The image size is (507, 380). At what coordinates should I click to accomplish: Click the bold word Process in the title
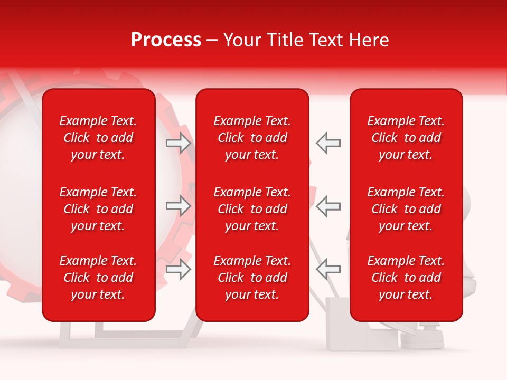pos(166,40)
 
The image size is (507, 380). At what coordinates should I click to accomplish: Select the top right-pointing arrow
pos(179,143)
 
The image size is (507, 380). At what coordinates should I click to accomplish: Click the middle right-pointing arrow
pos(179,206)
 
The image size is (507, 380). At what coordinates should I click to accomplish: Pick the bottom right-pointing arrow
pos(179,269)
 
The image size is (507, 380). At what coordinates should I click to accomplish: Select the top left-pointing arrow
pos(328,143)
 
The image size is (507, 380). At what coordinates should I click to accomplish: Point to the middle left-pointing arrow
pos(328,206)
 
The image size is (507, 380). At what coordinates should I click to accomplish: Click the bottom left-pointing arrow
pos(328,269)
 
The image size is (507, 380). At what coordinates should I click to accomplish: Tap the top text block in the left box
pos(98,138)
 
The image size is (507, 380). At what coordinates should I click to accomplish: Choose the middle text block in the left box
pos(98,209)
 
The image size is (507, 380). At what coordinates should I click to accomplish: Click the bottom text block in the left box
pos(98,278)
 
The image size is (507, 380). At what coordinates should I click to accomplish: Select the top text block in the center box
pos(252,138)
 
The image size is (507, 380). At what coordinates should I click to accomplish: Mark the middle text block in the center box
pos(252,209)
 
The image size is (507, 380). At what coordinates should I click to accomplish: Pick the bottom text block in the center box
pos(252,278)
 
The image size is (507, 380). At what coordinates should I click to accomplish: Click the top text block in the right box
pos(406,138)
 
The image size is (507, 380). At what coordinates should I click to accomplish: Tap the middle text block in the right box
pos(406,209)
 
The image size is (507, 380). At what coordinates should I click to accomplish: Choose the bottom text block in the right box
pos(406,278)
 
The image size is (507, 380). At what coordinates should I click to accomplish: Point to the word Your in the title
pos(242,40)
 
